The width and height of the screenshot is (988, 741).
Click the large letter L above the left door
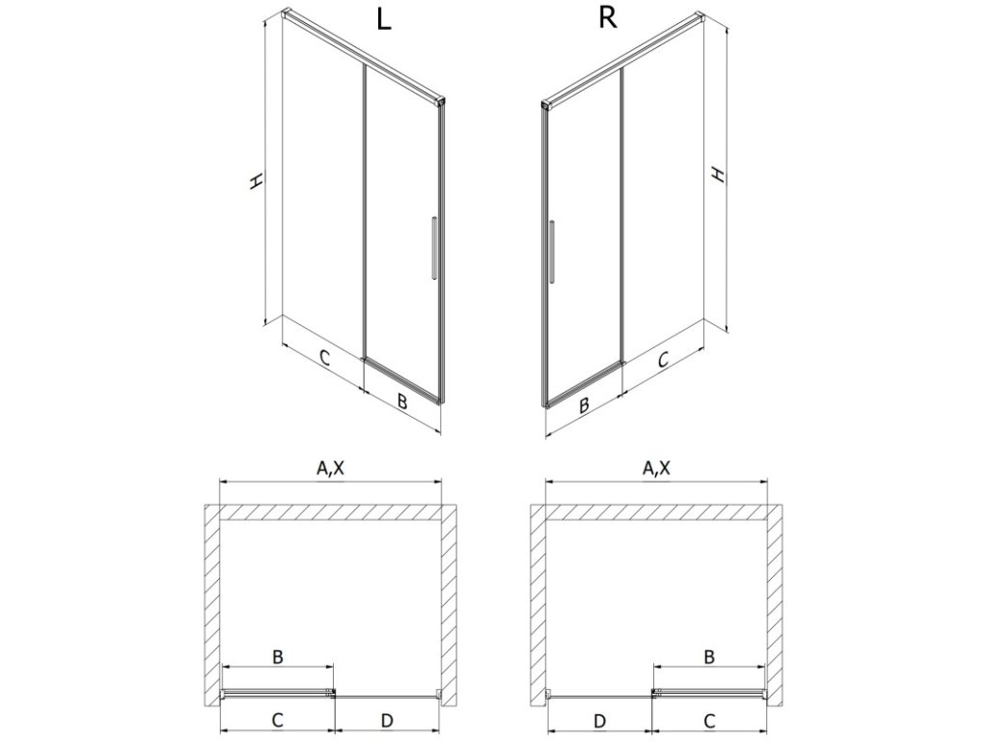click(x=384, y=22)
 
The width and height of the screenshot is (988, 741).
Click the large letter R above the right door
click(x=607, y=20)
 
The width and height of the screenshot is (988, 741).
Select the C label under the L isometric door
click(x=325, y=359)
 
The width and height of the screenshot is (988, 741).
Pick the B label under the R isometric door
click(x=584, y=406)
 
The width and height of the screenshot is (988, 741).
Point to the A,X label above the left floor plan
click(x=331, y=470)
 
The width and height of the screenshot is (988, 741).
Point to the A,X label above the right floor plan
click(x=656, y=470)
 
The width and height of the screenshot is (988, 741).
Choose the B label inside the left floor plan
click(x=277, y=657)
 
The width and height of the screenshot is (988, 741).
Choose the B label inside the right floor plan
click(x=708, y=657)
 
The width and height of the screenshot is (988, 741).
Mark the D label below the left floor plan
click(x=387, y=720)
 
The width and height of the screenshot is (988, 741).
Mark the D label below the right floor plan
click(x=599, y=720)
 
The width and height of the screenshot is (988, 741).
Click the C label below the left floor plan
click(x=277, y=720)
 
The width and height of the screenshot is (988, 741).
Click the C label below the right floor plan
click(x=709, y=720)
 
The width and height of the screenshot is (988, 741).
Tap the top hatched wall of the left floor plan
click(x=331, y=511)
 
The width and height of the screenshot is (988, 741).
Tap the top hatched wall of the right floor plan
click(x=656, y=511)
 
